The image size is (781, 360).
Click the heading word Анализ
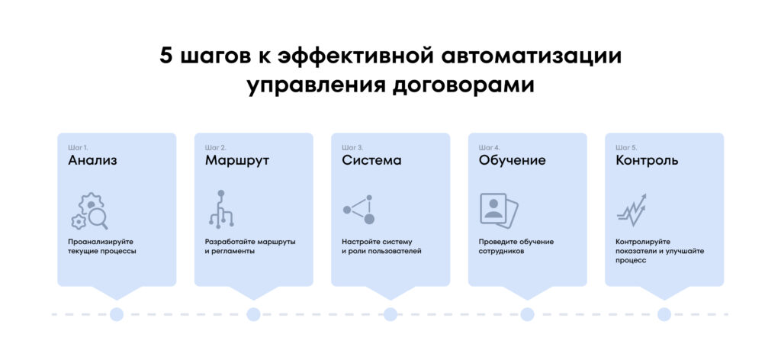coord(92,161)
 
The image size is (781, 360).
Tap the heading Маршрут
coord(237,161)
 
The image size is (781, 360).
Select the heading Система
coord(371,161)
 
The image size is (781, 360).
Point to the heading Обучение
coord(512,161)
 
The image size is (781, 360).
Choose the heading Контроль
coord(647,161)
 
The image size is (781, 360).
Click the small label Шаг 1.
coord(78,146)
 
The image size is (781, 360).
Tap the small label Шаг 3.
coord(352,146)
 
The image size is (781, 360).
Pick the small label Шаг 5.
coord(626,146)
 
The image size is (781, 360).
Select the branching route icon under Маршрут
coord(220,210)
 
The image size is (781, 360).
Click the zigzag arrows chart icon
coord(632,209)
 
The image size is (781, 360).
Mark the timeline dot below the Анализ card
coord(117,314)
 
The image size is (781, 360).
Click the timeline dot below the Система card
coord(390,314)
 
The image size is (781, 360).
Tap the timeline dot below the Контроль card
coord(664,314)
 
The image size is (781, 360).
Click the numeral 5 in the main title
coord(167,57)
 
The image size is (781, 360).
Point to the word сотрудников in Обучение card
coord(502,251)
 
